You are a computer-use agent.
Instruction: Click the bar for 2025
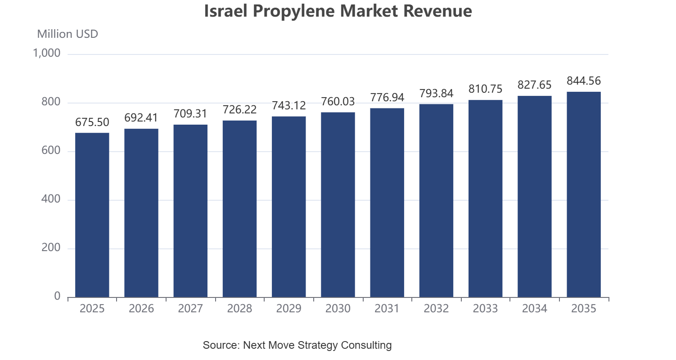pos(92,215)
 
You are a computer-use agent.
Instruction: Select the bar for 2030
pos(338,205)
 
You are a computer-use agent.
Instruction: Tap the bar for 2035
pos(584,194)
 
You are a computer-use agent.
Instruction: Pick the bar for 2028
pos(239,209)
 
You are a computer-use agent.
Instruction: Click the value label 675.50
pos(92,122)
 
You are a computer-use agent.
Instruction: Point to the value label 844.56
pos(584,81)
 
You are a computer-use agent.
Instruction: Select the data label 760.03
pos(338,102)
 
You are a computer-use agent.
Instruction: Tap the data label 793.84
pos(437,94)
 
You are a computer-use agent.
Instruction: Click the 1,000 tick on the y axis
pos(47,54)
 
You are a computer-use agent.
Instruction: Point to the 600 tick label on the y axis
pos(51,150)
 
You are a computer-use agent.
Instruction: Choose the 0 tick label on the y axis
pos(57,297)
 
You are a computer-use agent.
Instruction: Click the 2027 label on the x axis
pos(190,309)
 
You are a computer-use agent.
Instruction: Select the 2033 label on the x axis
pos(485,309)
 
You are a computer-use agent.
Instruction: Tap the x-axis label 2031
pos(387,309)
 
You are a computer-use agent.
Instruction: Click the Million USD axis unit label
pos(68,34)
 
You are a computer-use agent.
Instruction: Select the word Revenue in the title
pos(437,11)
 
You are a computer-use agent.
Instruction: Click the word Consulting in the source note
pos(366,345)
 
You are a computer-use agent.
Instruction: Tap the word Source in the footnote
pos(221,345)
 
